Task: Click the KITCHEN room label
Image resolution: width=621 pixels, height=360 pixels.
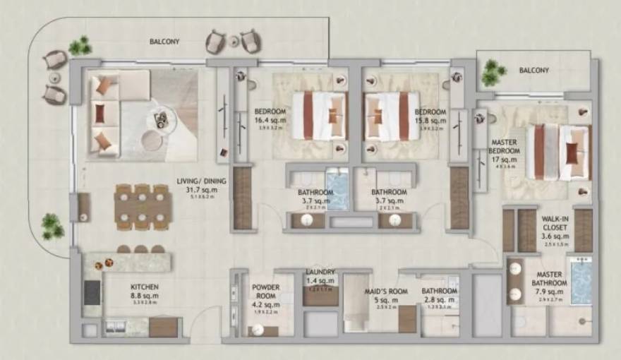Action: pos(144,287)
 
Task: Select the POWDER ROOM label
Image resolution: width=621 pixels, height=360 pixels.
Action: pos(266,292)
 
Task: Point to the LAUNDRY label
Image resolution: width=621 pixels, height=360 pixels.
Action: pos(320,272)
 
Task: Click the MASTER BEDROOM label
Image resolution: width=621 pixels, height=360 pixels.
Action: pos(505,146)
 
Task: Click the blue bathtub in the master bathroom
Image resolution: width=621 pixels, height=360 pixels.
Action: pos(581,281)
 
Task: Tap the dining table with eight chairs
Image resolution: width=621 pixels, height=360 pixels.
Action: pos(143,207)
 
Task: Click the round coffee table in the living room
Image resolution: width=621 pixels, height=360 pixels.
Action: pos(152,140)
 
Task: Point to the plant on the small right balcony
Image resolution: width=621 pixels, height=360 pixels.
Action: pos(492,71)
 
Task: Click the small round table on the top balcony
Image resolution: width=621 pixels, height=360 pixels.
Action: pos(233,42)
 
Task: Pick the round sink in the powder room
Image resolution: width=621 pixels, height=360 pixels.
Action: pos(258,330)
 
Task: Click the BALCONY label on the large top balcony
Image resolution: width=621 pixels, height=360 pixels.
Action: pos(164,42)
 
